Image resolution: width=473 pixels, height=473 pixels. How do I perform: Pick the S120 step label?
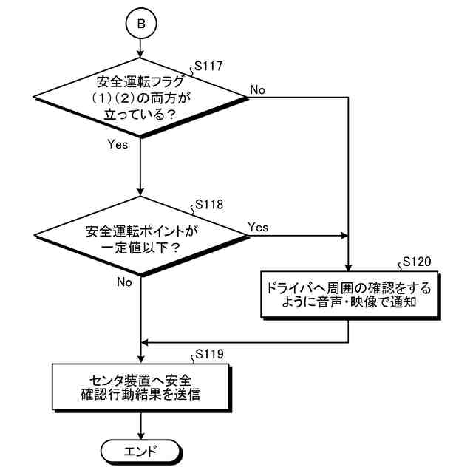click(415, 263)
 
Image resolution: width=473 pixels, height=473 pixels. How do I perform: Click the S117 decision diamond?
click(140, 97)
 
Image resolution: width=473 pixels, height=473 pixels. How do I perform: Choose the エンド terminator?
click(140, 449)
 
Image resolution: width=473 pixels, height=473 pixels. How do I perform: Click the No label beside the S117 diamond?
click(259, 89)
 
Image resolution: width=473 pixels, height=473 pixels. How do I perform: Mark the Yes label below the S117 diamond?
click(118, 145)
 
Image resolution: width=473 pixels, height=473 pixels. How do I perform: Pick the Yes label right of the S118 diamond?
click(259, 226)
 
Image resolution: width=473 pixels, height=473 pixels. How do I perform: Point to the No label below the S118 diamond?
click(124, 282)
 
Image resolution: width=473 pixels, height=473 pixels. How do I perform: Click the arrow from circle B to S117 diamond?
click(140, 47)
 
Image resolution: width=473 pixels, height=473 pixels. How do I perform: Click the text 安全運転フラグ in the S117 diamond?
click(140, 81)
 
